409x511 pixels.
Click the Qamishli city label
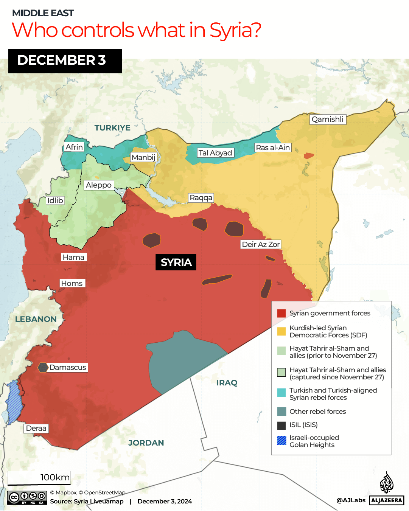[328, 120]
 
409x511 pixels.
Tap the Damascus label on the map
[68, 368]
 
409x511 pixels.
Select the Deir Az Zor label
[261, 245]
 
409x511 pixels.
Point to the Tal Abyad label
[215, 153]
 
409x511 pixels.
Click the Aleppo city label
[98, 185]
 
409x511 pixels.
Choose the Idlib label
[55, 200]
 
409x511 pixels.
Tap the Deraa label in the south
[36, 429]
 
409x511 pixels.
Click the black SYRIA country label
[176, 262]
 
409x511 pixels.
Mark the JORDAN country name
[146, 443]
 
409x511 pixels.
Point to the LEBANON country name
[36, 319]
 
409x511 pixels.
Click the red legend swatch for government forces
[281, 313]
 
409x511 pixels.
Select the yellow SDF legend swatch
[281, 331]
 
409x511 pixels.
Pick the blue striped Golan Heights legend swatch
[281, 441]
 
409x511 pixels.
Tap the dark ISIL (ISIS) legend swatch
[281, 426]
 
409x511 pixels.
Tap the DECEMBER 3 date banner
[65, 61]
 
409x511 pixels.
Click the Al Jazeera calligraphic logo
[387, 483]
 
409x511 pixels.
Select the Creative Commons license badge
[27, 498]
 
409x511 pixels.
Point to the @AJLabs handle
[351, 500]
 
